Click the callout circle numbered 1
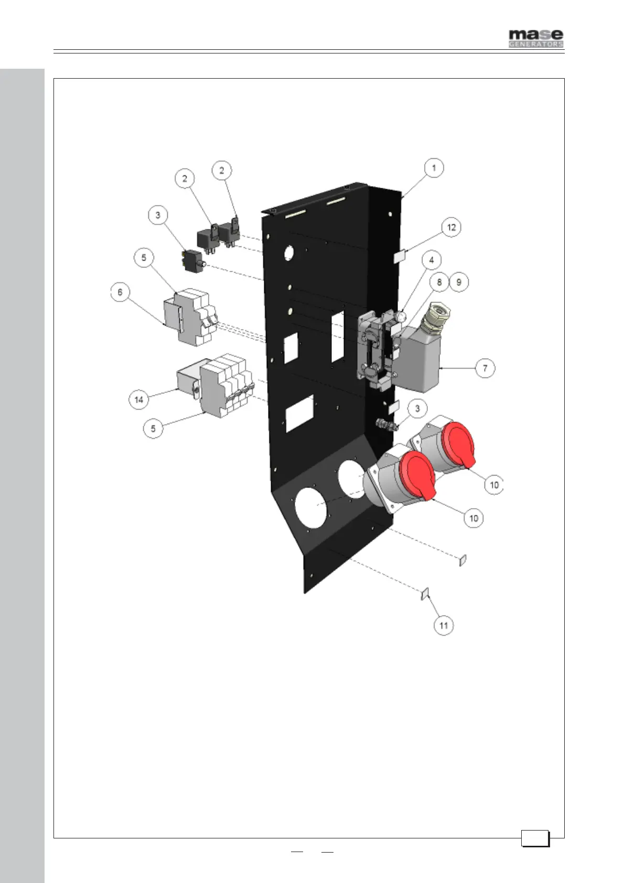point(434,168)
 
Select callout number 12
point(451,228)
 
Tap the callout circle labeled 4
point(432,260)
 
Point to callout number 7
point(485,368)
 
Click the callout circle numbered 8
point(439,283)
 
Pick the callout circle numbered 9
point(458,283)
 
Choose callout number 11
point(444,626)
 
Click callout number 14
point(138,400)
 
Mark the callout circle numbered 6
point(120,292)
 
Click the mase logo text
point(536,35)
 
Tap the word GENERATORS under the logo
point(536,45)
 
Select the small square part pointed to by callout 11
point(425,594)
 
